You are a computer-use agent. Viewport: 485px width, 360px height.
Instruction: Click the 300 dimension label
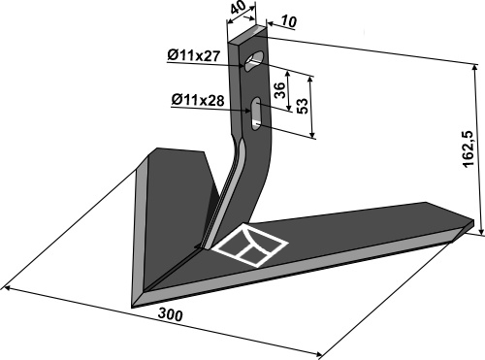(171, 314)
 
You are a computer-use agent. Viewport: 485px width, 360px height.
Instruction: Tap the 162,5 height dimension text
(468, 149)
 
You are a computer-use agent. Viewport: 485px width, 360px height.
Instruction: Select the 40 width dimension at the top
(240, 11)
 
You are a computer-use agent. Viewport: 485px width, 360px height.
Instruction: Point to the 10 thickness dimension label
(288, 21)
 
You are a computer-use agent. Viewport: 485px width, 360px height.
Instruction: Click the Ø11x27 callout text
(193, 55)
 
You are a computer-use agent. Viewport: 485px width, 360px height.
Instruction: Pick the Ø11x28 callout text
(198, 100)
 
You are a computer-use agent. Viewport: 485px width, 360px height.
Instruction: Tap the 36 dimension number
(279, 90)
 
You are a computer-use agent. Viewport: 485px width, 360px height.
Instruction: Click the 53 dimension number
(303, 106)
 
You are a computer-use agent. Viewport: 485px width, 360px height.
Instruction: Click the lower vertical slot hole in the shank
(256, 114)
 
